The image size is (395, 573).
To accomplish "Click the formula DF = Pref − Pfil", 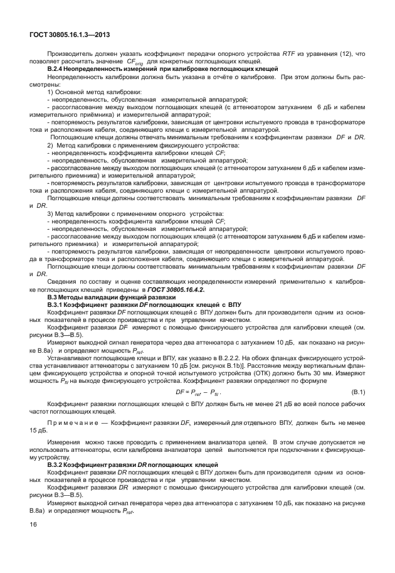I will [x=197, y=393].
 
